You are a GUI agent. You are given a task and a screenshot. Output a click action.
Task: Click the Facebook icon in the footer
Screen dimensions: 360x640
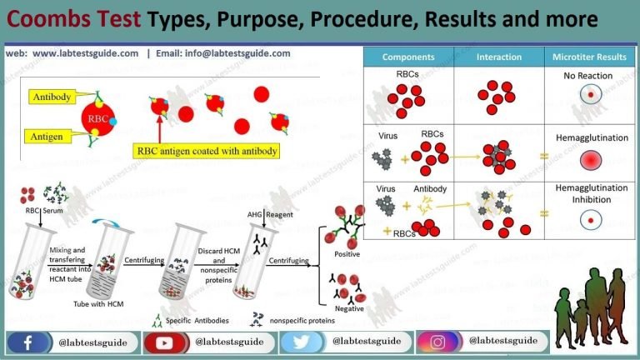pos(29,342)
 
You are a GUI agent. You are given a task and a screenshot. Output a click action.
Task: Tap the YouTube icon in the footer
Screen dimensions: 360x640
pos(166,342)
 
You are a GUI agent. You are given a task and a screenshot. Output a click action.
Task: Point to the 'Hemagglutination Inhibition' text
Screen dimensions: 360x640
pos(589,194)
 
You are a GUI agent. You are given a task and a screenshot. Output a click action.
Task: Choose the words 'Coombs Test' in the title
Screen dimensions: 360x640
pos(64,18)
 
